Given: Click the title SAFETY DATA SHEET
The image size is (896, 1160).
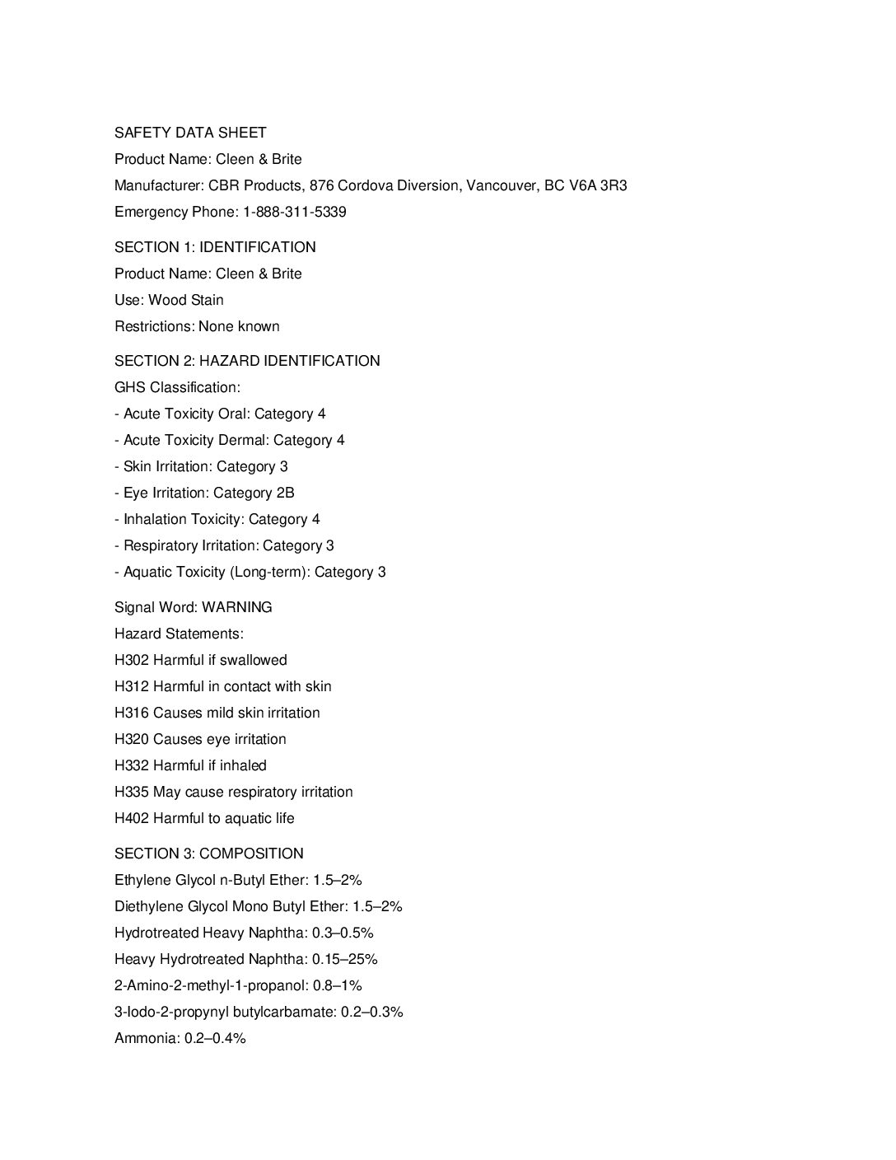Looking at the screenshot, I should point(190,133).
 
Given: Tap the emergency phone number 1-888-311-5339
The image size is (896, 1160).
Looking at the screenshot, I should point(294,212).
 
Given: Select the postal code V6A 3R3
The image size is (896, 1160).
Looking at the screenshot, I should point(598,185).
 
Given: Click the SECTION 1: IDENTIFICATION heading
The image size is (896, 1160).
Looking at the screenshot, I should point(215,247).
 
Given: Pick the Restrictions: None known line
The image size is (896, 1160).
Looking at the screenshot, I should point(197,326).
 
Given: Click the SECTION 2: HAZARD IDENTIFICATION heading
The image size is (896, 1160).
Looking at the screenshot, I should point(247,361).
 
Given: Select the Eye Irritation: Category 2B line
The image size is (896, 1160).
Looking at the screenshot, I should point(204,493).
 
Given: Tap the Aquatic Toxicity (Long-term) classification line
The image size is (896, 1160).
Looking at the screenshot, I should point(250,572).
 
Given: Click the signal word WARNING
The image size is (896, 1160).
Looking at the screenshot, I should point(237,607).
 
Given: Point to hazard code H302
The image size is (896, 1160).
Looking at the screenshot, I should point(132,660).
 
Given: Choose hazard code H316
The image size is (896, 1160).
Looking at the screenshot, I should point(132,713).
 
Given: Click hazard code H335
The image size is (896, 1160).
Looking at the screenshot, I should point(132,792).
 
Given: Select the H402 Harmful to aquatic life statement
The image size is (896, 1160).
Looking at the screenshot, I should point(204,818).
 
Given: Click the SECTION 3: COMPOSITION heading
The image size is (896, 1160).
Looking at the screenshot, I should point(209,854).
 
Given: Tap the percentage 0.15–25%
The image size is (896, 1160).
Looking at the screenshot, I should point(345,959).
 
